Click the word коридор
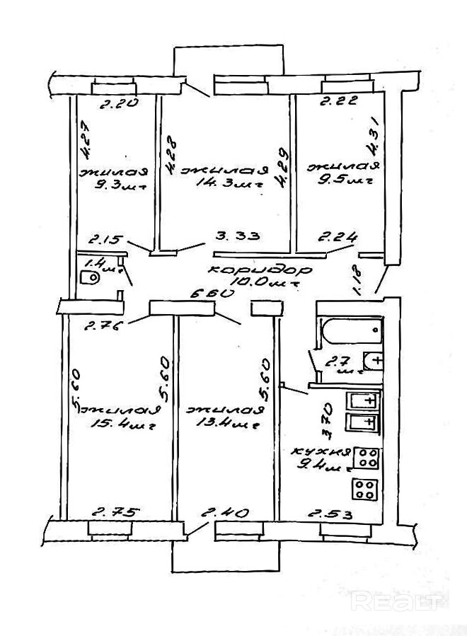point(250,271)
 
